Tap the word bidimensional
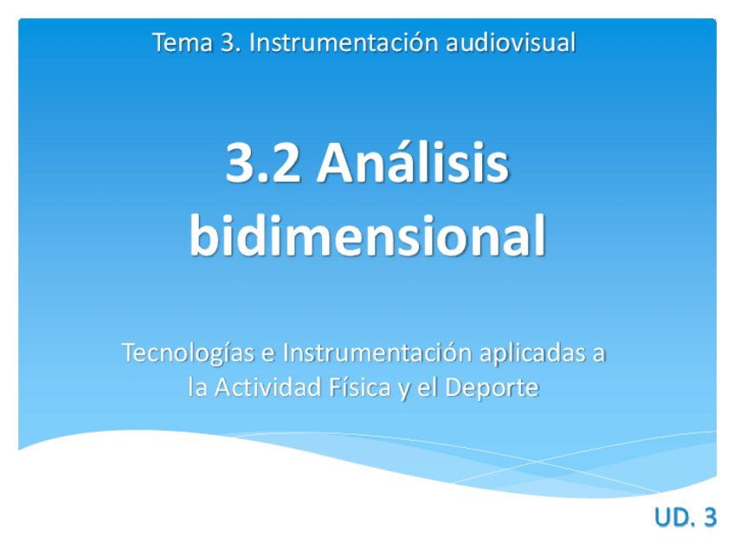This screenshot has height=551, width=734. (367, 236)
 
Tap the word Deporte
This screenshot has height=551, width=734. (491, 388)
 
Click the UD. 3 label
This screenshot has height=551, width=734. (685, 517)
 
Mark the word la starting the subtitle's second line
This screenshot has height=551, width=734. (197, 388)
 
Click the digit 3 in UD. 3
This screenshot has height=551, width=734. (709, 517)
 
